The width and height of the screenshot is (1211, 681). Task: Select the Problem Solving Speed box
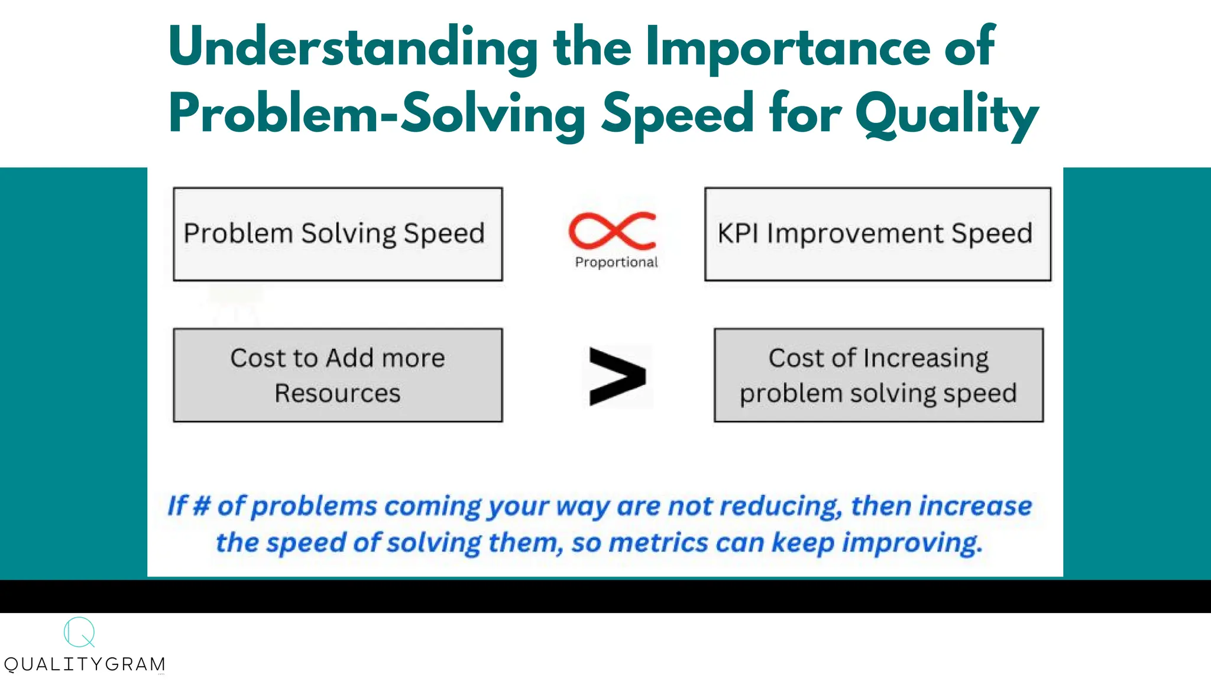(x=338, y=234)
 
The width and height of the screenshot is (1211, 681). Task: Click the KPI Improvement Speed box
(x=878, y=234)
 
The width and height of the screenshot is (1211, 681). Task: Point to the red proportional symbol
(x=613, y=231)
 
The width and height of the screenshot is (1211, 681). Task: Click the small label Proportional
(x=616, y=262)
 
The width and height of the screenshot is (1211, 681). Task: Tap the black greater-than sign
(x=617, y=377)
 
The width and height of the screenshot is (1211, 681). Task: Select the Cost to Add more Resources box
(x=338, y=375)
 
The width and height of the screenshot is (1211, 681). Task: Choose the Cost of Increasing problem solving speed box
(x=879, y=375)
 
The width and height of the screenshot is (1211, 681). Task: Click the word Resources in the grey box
(x=338, y=394)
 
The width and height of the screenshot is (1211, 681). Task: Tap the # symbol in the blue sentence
(x=202, y=506)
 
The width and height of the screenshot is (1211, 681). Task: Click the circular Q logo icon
(x=79, y=633)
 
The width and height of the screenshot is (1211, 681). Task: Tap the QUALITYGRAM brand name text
(x=85, y=664)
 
